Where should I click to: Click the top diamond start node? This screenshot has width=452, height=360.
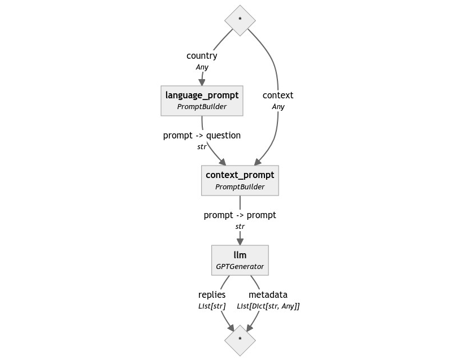coord(240,19)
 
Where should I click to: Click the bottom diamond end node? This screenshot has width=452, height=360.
coord(240,340)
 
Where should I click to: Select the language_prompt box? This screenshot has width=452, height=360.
coord(202,101)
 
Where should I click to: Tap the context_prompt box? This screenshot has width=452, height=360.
coord(240,180)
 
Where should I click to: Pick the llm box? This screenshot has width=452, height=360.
coord(240,260)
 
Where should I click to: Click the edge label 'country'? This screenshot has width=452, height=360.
coord(202,56)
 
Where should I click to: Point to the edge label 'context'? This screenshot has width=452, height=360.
coord(278,96)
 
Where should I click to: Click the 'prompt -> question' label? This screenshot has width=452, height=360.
coord(202,136)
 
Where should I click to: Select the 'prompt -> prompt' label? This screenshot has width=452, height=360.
coord(240,215)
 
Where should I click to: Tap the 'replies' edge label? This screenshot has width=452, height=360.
coord(212,295)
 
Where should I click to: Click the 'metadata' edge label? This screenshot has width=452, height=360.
coord(268,295)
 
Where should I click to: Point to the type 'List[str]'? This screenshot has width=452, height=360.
coord(212,306)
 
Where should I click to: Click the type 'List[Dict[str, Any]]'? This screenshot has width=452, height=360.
coord(268,306)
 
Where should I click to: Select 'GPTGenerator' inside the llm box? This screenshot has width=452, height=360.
coord(240,266)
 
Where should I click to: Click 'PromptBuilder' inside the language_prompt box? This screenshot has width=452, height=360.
coord(202,107)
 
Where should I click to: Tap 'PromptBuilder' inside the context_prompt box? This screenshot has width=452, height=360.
coord(240,187)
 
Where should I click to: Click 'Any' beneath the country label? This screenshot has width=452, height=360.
coord(202,67)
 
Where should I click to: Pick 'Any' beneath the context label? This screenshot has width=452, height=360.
coord(278,107)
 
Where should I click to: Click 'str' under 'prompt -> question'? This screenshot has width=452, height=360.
coord(202,147)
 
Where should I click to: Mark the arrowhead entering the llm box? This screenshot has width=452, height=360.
coord(240,241)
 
